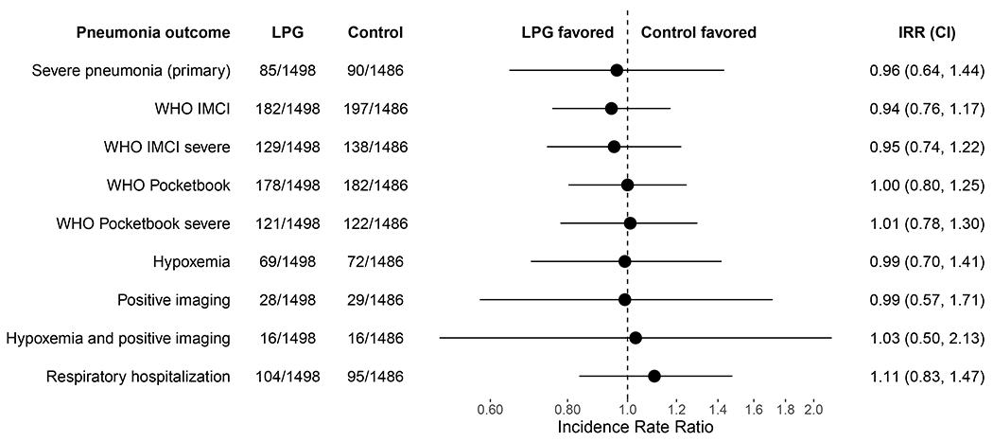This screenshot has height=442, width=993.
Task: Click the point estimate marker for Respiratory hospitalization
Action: (653, 376)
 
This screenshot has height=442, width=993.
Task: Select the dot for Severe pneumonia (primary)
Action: (617, 70)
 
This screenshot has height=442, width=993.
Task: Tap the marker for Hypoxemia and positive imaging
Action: (635, 338)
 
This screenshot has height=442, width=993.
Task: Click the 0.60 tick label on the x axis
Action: (489, 410)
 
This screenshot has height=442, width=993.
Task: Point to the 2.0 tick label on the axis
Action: (813, 410)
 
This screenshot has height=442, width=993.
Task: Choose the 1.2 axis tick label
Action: (677, 410)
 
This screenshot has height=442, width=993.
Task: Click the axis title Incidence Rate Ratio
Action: (629, 428)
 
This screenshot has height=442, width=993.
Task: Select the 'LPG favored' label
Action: (567, 32)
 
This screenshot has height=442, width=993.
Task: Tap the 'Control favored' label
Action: (698, 32)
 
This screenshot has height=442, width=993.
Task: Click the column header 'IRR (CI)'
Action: (927, 32)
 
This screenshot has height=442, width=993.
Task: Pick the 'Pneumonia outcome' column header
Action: (153, 32)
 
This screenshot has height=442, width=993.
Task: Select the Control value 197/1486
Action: (375, 109)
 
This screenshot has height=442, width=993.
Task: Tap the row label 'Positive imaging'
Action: (173, 300)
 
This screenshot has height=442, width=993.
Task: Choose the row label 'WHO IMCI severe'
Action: (166, 147)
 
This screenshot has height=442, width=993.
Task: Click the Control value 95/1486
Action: (375, 377)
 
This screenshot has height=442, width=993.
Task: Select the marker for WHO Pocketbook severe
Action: (630, 223)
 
